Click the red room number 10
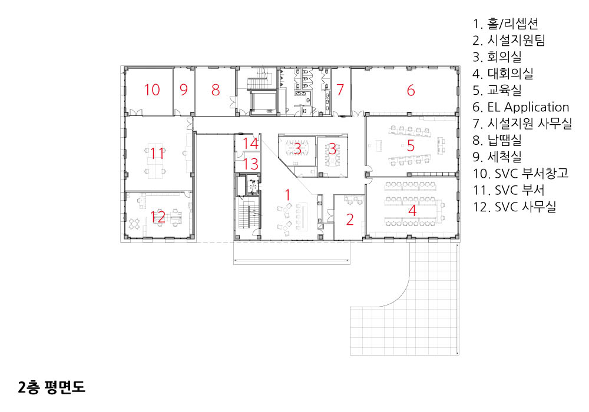point(152,89)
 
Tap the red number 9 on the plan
point(183,89)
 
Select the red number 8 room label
point(215,89)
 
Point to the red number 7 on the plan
point(340,89)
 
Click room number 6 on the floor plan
point(411,90)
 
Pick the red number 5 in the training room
point(411,145)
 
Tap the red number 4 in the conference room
point(412,210)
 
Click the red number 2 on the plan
point(350,220)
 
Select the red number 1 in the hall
point(287,195)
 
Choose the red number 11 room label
point(157,153)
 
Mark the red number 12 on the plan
point(158,217)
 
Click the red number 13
point(251,164)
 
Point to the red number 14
point(250,144)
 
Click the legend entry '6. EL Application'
point(521,107)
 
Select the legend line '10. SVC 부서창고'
point(521,174)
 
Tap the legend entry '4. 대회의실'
point(503,74)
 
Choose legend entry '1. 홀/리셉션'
point(505,24)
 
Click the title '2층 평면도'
point(51,387)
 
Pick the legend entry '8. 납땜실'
point(497,140)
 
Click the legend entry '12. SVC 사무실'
point(514,207)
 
